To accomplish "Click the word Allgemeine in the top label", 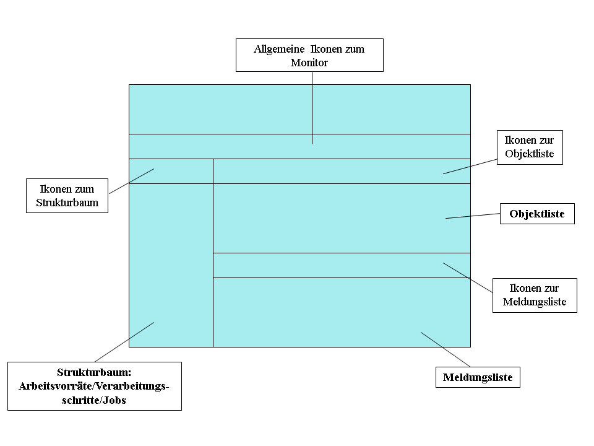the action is click(279, 50).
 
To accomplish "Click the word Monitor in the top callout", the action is click(309, 63).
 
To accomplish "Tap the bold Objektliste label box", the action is click(537, 214).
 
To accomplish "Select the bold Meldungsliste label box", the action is click(478, 377).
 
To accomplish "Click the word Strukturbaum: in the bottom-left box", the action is click(94, 372).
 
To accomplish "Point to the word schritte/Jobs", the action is click(94, 400).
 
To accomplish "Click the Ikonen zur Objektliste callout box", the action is click(530, 147).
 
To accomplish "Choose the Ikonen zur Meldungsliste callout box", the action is click(535, 295).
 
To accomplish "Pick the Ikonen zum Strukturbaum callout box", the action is click(67, 196).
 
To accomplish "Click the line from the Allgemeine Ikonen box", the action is click(312, 108).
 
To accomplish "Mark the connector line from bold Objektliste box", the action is click(473, 216).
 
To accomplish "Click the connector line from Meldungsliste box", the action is click(445, 349).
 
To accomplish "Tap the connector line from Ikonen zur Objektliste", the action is click(470, 167).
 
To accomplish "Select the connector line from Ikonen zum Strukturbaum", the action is click(131, 181).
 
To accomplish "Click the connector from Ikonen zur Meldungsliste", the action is click(468, 278).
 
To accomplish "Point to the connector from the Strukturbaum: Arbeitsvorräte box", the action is click(124, 342).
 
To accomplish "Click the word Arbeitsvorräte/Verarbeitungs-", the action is click(94, 386).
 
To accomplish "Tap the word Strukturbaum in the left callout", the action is click(67, 203).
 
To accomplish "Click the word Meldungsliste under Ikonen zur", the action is click(535, 302).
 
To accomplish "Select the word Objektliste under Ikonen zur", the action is click(530, 154).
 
